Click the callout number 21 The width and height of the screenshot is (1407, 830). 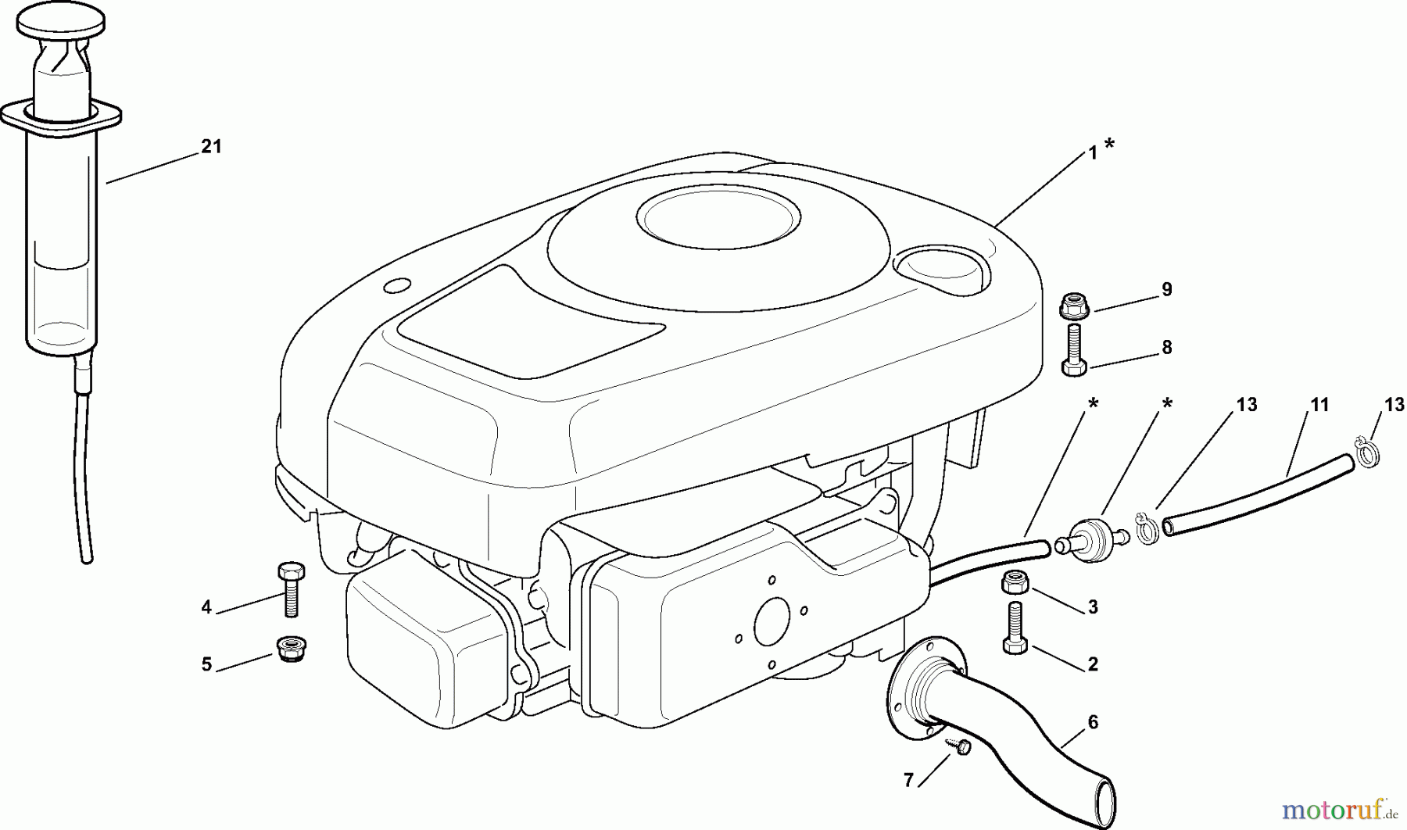pyautogui.click(x=211, y=146)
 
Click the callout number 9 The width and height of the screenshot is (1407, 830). pyautogui.click(x=1166, y=290)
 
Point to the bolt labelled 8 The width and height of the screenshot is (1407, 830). pyautogui.click(x=1073, y=350)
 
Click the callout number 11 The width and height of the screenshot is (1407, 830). pyautogui.click(x=1319, y=405)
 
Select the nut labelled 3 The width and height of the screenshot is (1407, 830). pyautogui.click(x=1014, y=583)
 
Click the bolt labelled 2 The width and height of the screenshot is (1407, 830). pyautogui.click(x=1014, y=628)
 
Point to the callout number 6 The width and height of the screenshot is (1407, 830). pyautogui.click(x=1092, y=722)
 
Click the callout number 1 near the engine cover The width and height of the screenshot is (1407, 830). pyautogui.click(x=1093, y=154)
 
